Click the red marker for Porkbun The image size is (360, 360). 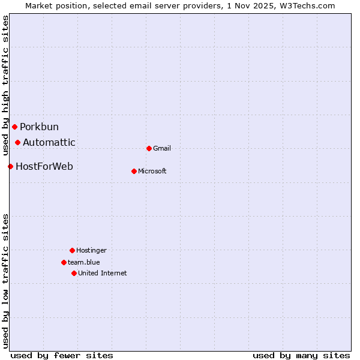click(14, 127)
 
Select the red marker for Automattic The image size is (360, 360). click(18, 142)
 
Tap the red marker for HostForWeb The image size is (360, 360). click(10, 166)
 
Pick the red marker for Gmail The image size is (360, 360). click(149, 148)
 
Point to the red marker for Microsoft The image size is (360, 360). click(134, 171)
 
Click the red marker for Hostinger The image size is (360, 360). click(72, 250)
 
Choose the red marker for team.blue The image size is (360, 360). click(64, 262)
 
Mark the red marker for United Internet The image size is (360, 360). click(74, 273)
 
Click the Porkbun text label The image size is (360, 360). click(39, 127)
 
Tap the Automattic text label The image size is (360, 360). click(49, 143)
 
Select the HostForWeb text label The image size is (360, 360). click(44, 167)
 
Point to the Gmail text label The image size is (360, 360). click(162, 149)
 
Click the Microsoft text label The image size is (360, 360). click(152, 172)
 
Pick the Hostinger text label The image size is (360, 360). click(91, 251)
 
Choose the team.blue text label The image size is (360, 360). click(84, 263)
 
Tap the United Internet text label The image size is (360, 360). click(103, 274)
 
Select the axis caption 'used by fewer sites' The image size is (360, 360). click(62, 355)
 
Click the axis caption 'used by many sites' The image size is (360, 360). click(301, 355)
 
